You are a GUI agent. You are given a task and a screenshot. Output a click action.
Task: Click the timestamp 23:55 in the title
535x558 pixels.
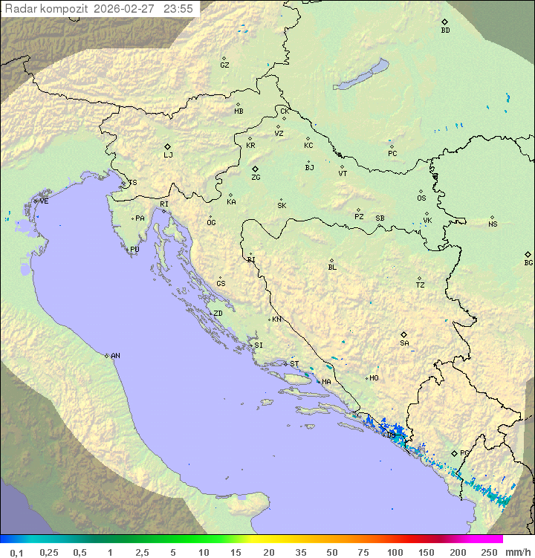point(178,9)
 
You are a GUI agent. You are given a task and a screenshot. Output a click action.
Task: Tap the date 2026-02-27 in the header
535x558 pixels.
point(126,9)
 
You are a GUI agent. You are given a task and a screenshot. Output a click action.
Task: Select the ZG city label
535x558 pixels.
point(256,178)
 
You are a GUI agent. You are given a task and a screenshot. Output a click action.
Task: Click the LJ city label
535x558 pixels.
point(168,155)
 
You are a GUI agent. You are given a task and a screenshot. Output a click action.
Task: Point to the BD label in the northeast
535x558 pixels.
point(445,30)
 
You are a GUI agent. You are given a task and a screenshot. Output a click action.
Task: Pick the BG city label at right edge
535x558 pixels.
point(528,262)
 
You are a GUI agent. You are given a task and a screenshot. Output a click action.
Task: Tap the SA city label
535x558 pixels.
point(404,343)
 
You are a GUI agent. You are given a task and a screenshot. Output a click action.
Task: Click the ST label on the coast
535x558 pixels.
point(294,363)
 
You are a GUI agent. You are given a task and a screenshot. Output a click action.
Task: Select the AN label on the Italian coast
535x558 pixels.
point(115,356)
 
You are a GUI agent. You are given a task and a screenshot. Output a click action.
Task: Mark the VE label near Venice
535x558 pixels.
point(44,201)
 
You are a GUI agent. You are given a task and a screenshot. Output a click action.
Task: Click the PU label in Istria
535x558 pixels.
point(134,250)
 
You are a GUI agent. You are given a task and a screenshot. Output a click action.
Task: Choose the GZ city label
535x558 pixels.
point(224,65)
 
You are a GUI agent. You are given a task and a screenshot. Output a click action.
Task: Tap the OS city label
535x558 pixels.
point(421,198)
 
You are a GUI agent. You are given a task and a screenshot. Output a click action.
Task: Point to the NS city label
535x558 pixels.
point(493,224)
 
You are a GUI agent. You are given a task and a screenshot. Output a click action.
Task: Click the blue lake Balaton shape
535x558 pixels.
point(360,76)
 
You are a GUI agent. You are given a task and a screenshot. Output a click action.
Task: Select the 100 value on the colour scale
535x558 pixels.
point(395,552)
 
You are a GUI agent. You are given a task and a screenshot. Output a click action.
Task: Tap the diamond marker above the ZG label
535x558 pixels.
point(255,169)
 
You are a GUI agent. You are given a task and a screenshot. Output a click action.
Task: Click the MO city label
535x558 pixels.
point(374,377)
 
